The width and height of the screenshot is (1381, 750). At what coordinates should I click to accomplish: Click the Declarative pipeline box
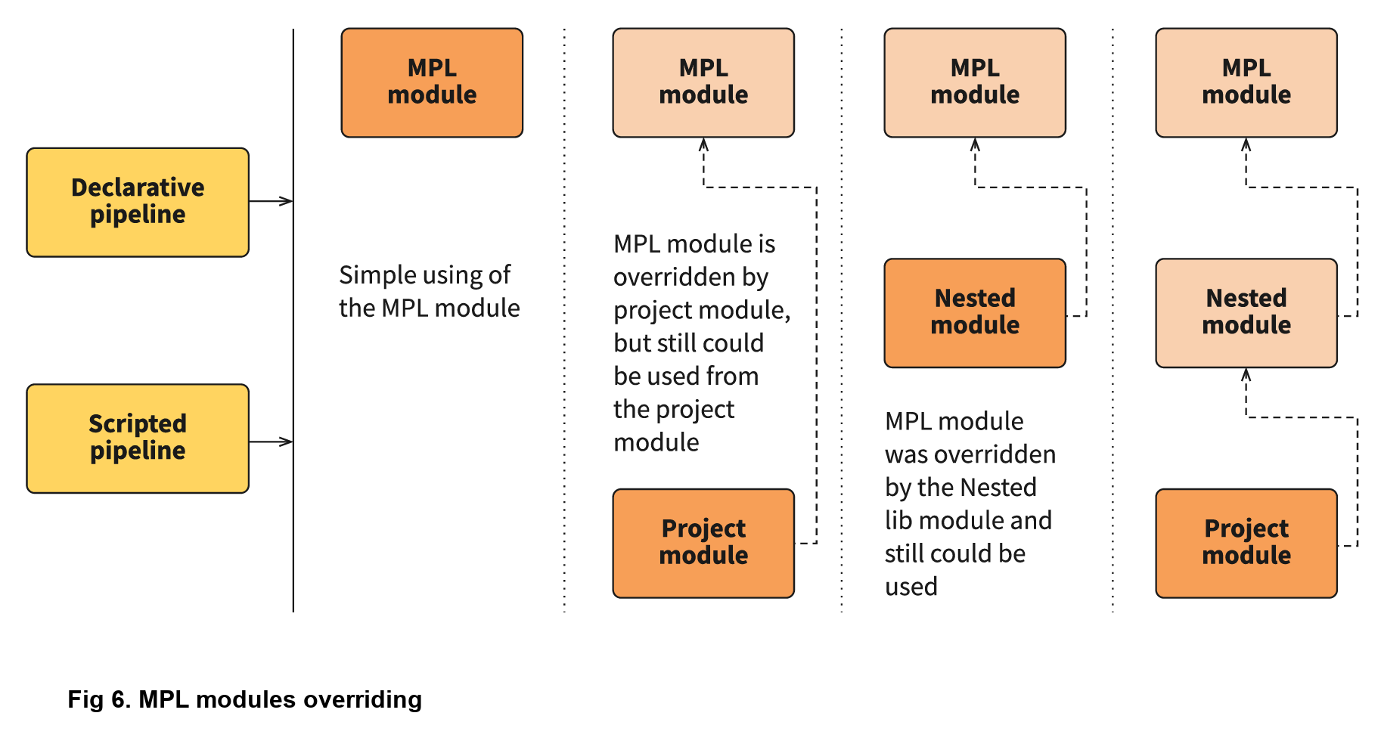(x=137, y=202)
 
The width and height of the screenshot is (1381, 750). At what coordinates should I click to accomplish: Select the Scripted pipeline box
(x=137, y=438)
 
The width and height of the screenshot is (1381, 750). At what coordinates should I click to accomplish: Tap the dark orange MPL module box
(x=432, y=82)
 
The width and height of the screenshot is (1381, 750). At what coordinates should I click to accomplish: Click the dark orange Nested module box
(x=974, y=312)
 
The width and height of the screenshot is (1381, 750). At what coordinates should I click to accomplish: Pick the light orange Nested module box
(x=1246, y=312)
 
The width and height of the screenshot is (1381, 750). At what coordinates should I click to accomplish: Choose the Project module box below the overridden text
(x=703, y=542)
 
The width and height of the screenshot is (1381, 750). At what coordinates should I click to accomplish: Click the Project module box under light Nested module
(x=1246, y=542)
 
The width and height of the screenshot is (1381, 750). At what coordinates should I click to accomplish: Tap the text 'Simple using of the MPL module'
(x=428, y=291)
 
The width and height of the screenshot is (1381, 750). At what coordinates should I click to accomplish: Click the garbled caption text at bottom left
(x=244, y=699)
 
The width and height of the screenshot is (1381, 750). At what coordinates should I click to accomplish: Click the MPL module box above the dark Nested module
(x=974, y=82)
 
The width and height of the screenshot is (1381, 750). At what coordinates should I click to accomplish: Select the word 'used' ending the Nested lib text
(x=911, y=587)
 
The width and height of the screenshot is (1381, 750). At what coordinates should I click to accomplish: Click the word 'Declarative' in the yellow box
(x=137, y=187)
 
